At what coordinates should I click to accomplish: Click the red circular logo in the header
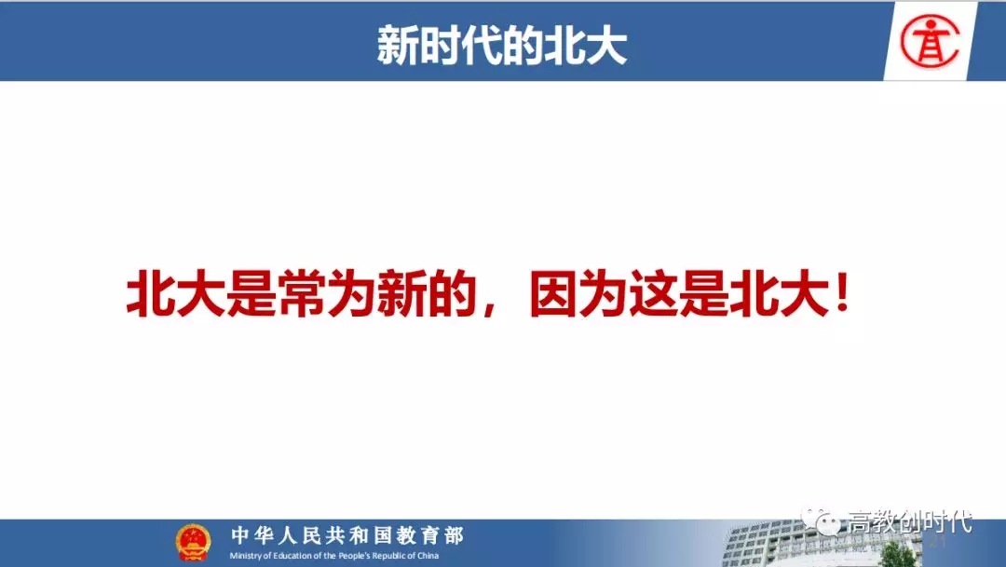pos(930,41)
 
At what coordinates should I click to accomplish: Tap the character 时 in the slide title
pos(440,45)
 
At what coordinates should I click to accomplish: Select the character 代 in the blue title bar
pos(482,45)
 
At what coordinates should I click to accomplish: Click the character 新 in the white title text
pos(398,45)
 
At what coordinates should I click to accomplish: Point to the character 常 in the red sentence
pos(302,293)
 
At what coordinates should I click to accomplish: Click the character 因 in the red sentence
pos(553,293)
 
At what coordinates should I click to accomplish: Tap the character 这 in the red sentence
pos(654,293)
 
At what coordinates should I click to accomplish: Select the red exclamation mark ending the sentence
pos(842,291)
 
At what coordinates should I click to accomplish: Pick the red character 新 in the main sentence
pos(402,293)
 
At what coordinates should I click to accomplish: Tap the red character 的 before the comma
pos(453,293)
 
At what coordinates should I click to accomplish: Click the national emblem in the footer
pos(193,543)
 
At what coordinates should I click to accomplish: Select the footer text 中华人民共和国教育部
pos(347,535)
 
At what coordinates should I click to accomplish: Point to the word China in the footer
pos(428,556)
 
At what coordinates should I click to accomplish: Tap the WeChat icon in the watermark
pos(822,520)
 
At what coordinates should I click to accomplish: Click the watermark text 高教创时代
pos(910,520)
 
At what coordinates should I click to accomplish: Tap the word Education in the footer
pos(293,556)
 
